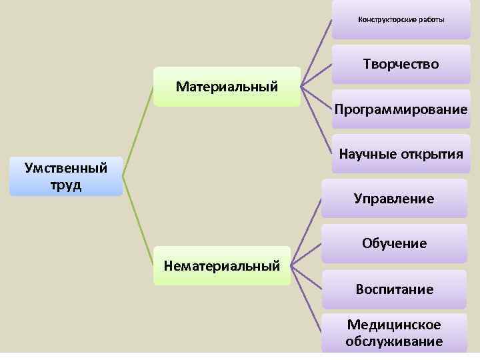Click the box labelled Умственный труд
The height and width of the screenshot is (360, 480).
coord(66,176)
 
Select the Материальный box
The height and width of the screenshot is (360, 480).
coord(227,86)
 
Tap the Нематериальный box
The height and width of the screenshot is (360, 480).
coord(222,266)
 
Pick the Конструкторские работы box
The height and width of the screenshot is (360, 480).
coord(401,19)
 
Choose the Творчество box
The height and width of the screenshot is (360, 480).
coord(401,64)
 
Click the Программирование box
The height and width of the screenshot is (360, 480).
coord(401,109)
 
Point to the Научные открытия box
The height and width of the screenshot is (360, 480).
coord(401,154)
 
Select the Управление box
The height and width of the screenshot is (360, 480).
coord(394,198)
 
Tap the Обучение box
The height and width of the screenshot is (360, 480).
coord(394,243)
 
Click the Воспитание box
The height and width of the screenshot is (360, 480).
coord(394,289)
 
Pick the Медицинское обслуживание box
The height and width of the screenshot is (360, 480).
coord(394,333)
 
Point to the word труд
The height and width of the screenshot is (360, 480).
coord(65,184)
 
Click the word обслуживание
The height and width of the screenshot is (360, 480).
coord(394,341)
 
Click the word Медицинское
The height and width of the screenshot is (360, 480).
coord(394,325)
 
